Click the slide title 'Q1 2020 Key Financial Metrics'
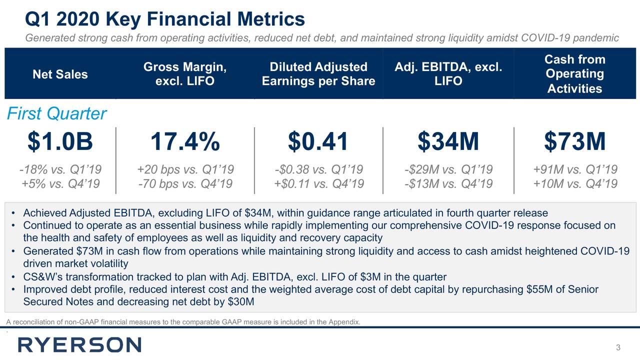pyautogui.click(x=165, y=19)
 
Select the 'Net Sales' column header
pyautogui.click(x=60, y=74)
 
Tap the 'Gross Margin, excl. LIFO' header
pyautogui.click(x=185, y=74)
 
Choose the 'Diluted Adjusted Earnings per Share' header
pyautogui.click(x=318, y=74)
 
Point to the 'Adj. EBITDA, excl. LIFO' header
pyautogui.click(x=448, y=74)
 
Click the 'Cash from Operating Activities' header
pyautogui.click(x=574, y=74)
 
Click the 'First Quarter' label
pyautogui.click(x=56, y=114)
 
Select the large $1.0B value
pyautogui.click(x=60, y=141)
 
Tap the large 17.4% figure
pyautogui.click(x=185, y=141)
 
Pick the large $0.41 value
pyautogui.click(x=318, y=141)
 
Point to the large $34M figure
pyautogui.click(x=448, y=141)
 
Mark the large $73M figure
pyautogui.click(x=575, y=141)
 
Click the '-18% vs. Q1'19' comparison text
pyautogui.click(x=60, y=169)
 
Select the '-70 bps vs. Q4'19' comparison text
pyautogui.click(x=185, y=184)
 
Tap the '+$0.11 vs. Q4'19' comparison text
pyautogui.click(x=318, y=184)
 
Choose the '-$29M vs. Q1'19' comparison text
pyautogui.click(x=448, y=169)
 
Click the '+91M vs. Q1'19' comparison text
pyautogui.click(x=575, y=169)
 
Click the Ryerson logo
pyautogui.click(x=79, y=345)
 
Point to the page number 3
pyautogui.click(x=618, y=348)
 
